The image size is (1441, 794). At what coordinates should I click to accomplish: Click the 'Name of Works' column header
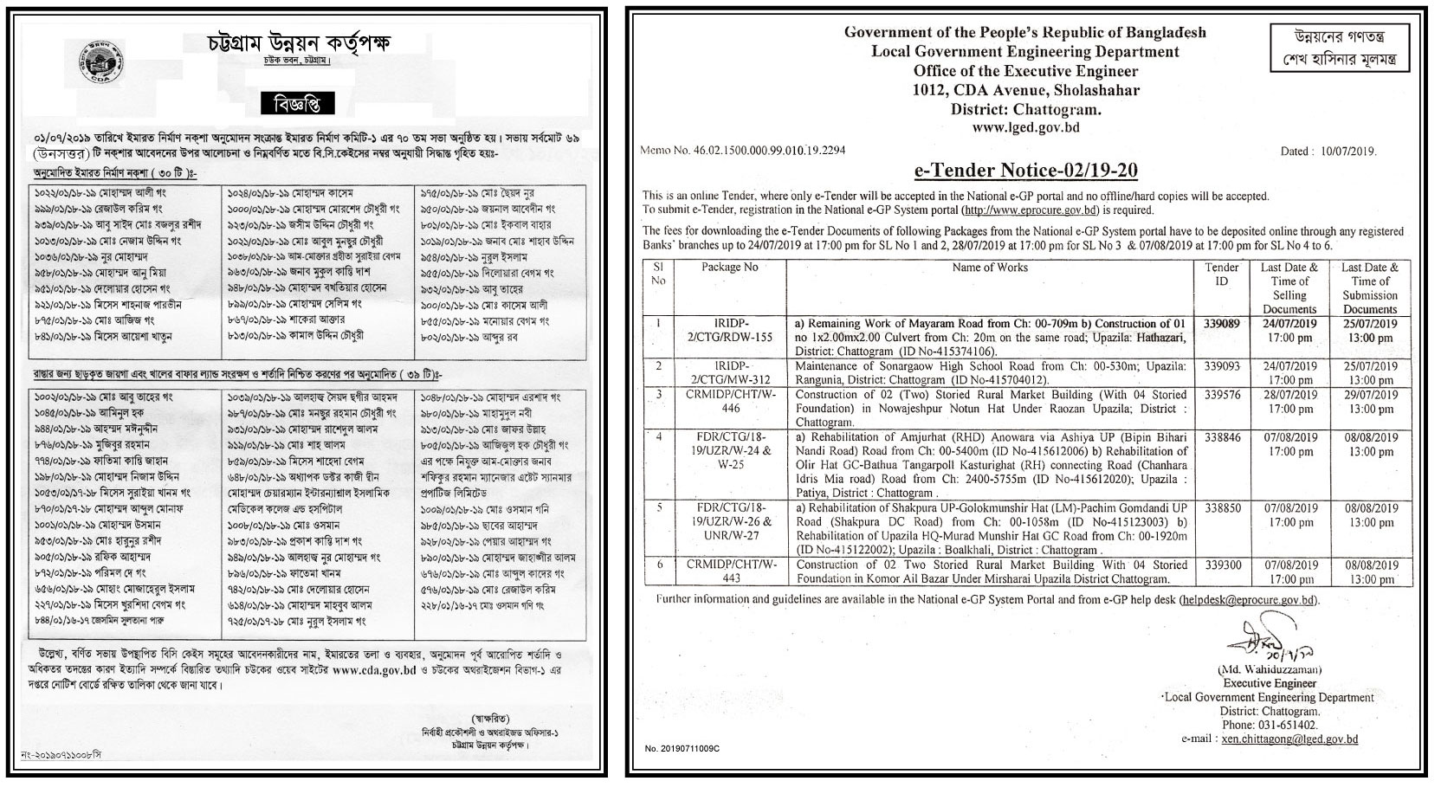click(990, 268)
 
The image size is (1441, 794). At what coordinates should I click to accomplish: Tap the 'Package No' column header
click(729, 268)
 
